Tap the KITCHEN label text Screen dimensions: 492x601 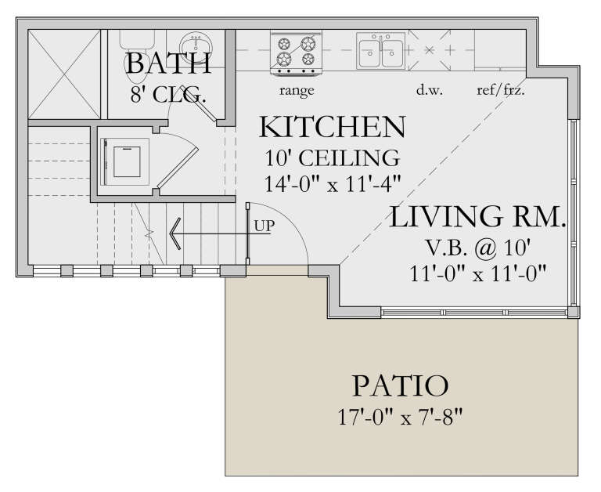click(333, 127)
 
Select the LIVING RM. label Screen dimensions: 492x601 click(477, 217)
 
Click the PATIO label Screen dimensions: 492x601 click(400, 385)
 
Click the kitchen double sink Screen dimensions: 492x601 click(381, 50)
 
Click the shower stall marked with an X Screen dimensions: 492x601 click(64, 74)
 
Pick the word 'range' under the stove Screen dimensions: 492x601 click(296, 90)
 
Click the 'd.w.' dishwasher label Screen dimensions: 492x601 click(430, 90)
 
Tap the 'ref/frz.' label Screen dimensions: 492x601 click(500, 90)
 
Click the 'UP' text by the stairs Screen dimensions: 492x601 click(263, 226)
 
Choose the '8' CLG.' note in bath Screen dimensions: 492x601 click(167, 96)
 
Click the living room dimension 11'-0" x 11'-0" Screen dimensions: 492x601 click(478, 273)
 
